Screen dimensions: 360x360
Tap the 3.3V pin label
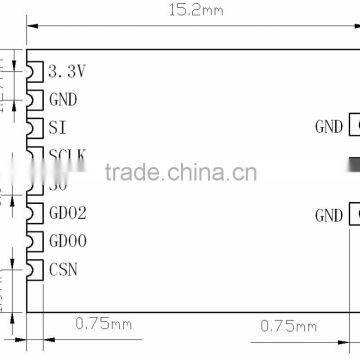tap(68, 71)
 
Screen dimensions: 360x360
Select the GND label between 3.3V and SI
tap(63, 99)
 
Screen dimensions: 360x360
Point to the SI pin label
tap(58, 127)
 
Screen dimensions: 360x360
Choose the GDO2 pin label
tap(68, 212)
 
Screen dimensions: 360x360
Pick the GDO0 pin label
tap(68, 241)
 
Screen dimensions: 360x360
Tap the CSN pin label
tap(63, 269)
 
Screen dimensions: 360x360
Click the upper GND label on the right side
tap(327, 127)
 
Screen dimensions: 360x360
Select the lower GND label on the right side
tap(327, 215)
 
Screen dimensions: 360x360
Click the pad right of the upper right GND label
tap(354, 127)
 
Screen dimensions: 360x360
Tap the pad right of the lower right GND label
tap(354, 215)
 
